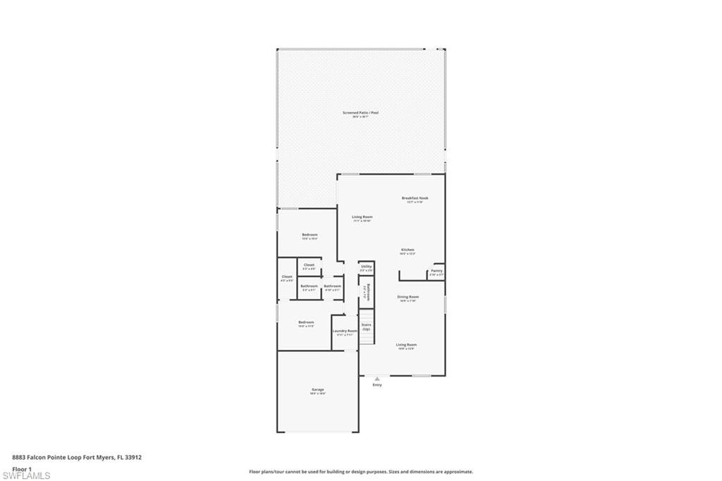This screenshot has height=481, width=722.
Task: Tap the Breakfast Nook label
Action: click(x=415, y=198)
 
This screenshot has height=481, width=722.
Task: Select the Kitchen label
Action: click(x=408, y=250)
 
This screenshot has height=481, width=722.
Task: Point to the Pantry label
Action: click(x=436, y=270)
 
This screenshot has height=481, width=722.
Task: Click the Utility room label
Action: click(x=366, y=267)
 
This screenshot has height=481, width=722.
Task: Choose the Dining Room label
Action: click(x=408, y=297)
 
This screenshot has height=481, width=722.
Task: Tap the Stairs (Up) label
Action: click(x=366, y=327)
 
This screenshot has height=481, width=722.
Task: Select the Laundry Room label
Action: click(x=345, y=331)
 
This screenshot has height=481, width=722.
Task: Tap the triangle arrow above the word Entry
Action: click(x=377, y=379)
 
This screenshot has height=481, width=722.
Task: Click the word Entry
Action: click(x=377, y=385)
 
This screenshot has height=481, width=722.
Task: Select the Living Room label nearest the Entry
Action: click(x=406, y=345)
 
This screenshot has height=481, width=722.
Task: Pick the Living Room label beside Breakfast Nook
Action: click(x=362, y=217)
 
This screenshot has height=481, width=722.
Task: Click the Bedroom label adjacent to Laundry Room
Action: click(x=306, y=322)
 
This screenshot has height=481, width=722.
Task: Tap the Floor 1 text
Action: click(x=22, y=468)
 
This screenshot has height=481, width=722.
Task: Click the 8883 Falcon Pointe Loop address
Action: click(x=77, y=457)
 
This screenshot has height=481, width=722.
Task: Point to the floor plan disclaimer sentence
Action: click(x=360, y=472)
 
